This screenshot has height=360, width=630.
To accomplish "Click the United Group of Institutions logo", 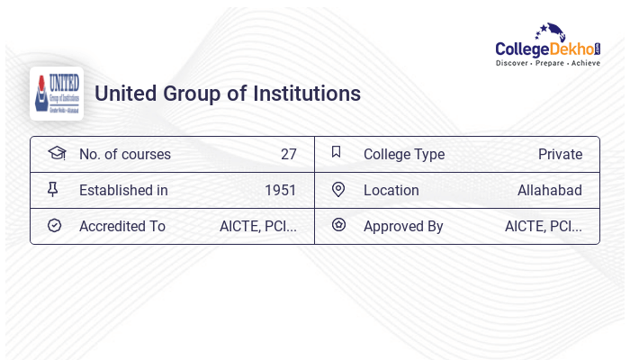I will click(57, 94).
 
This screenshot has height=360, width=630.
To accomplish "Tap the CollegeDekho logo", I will click(548, 47).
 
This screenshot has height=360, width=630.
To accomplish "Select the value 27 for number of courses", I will click(288, 154).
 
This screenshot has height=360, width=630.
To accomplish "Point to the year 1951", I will click(280, 190).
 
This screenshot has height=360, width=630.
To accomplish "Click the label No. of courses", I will click(124, 154).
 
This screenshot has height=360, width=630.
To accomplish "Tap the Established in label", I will click(123, 190).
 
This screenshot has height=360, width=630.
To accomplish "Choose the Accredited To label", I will click(122, 226).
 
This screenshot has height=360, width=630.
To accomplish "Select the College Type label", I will click(404, 154).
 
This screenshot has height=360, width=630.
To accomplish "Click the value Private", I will click(560, 154).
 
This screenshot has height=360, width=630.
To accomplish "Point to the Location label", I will click(391, 190).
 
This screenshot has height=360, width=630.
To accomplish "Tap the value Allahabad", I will click(549, 190).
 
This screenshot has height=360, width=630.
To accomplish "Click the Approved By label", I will click(403, 226).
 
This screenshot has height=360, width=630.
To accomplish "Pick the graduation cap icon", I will click(57, 153).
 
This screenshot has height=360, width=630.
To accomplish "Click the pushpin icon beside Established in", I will click(53, 189).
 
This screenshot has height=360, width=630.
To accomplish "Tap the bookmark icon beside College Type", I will click(337, 152).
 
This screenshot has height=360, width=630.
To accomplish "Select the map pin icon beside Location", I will click(338, 189).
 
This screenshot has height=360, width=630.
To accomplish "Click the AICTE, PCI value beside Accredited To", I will click(257, 226).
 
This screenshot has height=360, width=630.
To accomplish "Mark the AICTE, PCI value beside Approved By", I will click(543, 226).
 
